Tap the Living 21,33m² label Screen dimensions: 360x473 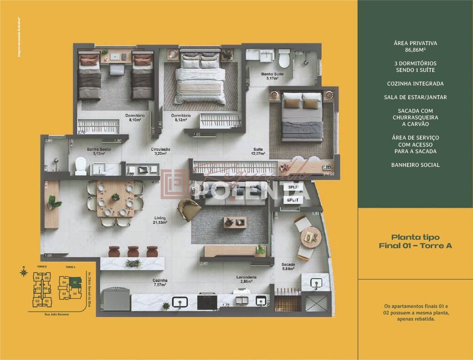point(161,220)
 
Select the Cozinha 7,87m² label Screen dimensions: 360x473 point(160,282)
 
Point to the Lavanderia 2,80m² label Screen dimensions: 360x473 point(247,279)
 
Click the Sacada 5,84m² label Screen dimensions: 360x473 point(288,266)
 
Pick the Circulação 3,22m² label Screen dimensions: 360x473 point(160,151)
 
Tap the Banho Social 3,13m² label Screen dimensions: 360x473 point(99,151)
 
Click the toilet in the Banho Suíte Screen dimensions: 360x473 point(284,59)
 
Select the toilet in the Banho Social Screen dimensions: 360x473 point(81,165)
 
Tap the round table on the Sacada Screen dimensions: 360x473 point(310,236)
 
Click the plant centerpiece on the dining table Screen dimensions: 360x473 point(115,197)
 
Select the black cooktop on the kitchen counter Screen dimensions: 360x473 point(207,301)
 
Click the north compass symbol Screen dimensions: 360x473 point(23,271)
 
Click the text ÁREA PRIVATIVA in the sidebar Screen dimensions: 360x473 point(415,43)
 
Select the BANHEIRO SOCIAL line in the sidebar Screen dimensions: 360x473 point(415,165)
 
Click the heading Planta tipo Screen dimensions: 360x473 point(415,237)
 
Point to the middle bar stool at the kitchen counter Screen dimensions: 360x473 point(133,251)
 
